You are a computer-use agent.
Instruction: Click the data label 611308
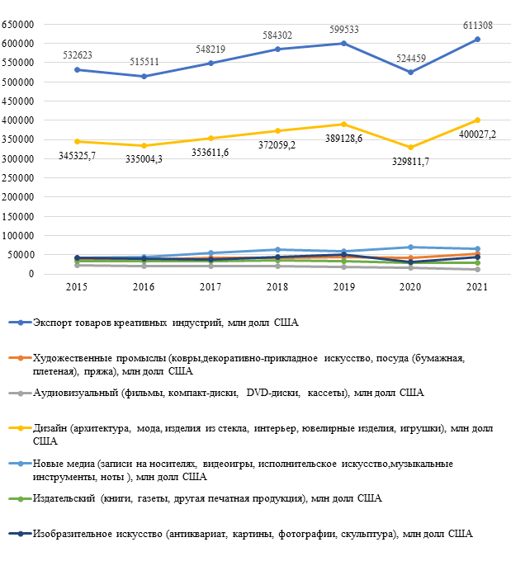(x=478, y=26)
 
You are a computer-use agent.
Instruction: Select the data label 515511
(x=144, y=62)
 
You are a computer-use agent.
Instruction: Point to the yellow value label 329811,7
(x=410, y=162)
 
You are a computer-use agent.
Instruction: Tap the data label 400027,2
(x=477, y=134)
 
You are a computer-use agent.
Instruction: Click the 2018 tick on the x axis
(x=277, y=287)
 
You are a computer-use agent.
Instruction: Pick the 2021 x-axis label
(x=477, y=287)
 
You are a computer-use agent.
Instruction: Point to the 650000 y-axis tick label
(x=17, y=24)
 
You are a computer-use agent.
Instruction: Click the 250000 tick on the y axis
(x=17, y=178)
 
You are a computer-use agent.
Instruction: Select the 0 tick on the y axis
(x=31, y=274)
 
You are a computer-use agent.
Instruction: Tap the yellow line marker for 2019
(x=343, y=124)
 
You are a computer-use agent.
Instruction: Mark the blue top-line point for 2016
(x=144, y=76)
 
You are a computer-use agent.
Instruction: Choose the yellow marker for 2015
(x=77, y=142)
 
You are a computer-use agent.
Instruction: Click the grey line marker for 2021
(x=477, y=270)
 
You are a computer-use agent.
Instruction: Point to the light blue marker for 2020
(x=411, y=247)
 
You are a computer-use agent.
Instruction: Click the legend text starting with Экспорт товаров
(x=165, y=323)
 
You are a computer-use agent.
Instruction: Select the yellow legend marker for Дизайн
(x=21, y=428)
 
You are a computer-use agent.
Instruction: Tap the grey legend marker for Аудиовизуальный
(x=21, y=394)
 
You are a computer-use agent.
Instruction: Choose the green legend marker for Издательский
(x=21, y=499)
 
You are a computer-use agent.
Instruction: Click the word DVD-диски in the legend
(x=273, y=393)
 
